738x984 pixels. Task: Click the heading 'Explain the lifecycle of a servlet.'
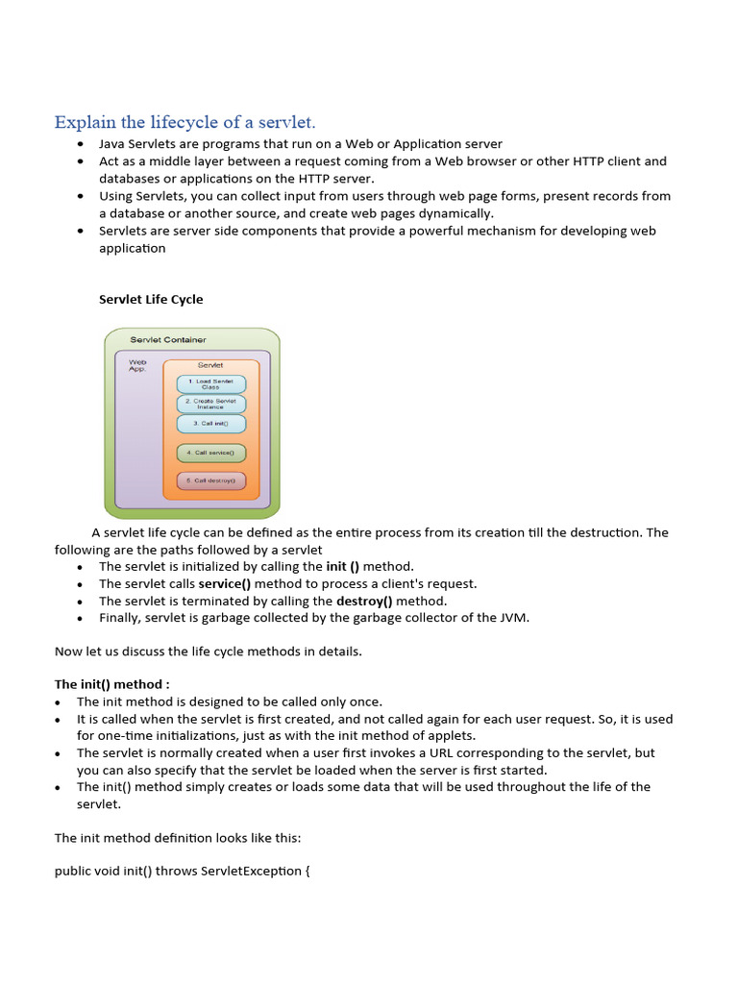point(184,122)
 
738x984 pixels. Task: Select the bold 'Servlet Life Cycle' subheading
point(151,299)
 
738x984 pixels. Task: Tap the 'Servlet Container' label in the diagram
point(168,340)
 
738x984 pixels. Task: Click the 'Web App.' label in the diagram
point(137,365)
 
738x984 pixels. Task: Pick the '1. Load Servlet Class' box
point(210,383)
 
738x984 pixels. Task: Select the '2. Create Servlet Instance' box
point(210,404)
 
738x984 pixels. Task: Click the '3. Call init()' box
point(210,423)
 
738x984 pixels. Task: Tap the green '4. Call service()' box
point(210,452)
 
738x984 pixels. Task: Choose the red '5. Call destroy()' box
point(210,480)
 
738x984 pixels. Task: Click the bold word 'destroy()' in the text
point(364,602)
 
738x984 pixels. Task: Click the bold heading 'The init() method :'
point(111,684)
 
